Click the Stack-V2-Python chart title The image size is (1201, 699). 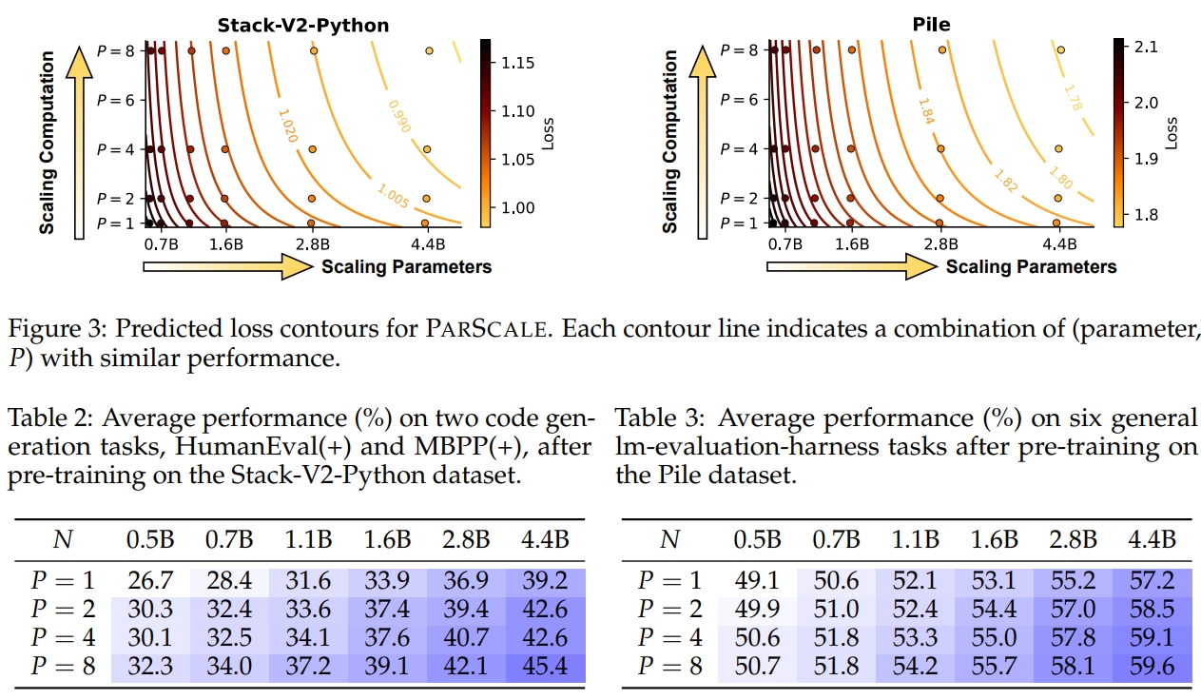pos(303,25)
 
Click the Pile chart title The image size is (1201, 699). pos(931,24)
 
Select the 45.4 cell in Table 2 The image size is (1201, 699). pos(545,667)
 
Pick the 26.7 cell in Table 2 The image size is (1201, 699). pos(150,580)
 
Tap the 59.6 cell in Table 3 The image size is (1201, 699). pos(1152,667)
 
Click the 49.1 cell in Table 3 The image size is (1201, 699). pos(757,580)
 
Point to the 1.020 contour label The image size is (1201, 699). pos(288,126)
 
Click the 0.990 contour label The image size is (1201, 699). pos(399,116)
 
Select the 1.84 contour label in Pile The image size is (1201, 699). pos(926,111)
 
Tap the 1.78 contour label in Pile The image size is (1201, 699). pos(1073,98)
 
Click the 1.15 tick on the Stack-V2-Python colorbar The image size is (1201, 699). pos(518,64)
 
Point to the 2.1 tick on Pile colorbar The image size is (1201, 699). pos(1146,48)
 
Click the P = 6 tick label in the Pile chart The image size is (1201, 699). pos(739,100)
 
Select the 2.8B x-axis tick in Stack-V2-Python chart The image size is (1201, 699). pos(313,244)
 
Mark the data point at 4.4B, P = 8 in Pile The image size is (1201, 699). pos(1060,49)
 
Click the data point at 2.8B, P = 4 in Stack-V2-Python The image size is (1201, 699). pos(313,149)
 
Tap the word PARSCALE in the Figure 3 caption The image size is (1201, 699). pos(487,329)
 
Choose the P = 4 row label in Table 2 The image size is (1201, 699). pos(64,638)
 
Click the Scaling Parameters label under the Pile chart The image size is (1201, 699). pos(1031,266)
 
